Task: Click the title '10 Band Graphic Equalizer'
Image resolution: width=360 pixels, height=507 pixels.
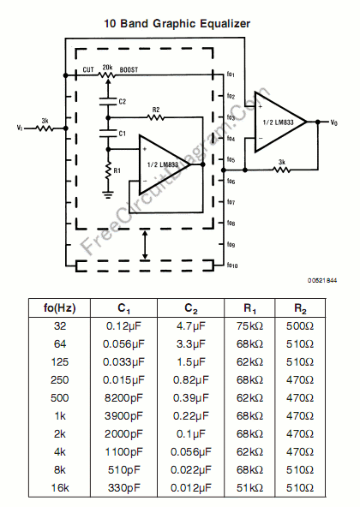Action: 177,24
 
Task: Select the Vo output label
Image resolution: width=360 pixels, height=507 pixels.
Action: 334,123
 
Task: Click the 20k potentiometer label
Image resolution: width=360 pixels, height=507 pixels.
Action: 107,66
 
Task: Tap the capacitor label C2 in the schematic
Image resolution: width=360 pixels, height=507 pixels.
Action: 122,101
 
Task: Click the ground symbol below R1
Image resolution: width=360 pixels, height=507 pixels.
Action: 108,194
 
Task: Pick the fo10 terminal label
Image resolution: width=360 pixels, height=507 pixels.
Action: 231,265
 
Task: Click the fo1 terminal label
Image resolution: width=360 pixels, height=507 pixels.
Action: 231,75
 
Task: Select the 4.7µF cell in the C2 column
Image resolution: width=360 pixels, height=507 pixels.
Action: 190,326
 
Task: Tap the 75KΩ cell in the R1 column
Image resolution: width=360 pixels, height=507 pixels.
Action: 252,326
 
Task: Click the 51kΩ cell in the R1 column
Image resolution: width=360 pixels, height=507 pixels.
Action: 252,486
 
